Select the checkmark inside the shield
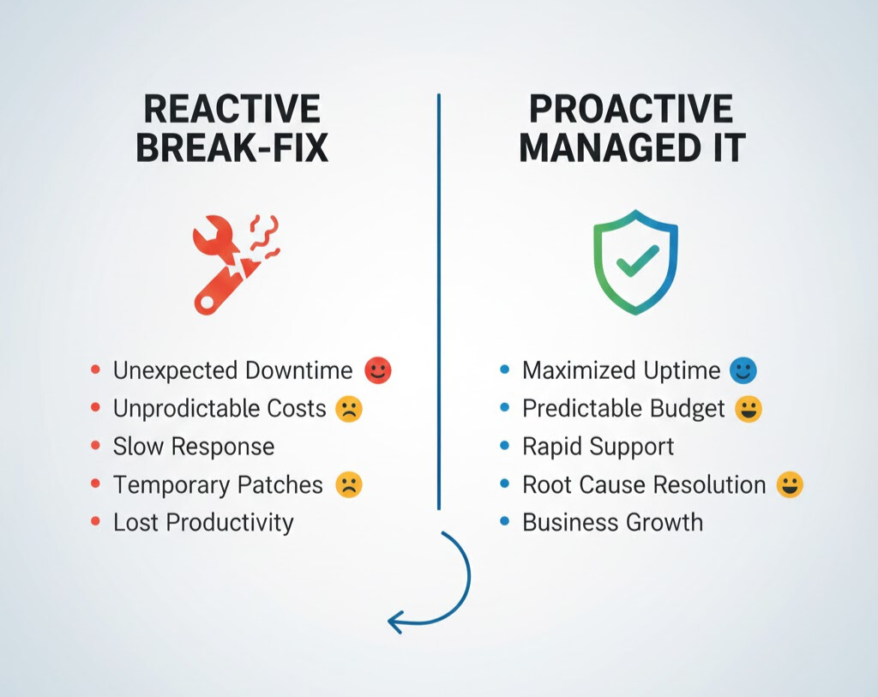[x=637, y=259]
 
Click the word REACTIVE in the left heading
[x=232, y=110]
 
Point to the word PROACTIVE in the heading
[x=631, y=110]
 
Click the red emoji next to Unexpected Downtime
[x=377, y=370]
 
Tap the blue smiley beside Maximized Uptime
[x=743, y=370]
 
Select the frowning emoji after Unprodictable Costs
[x=349, y=409]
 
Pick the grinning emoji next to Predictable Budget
[x=749, y=409]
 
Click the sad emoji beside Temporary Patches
[x=349, y=485]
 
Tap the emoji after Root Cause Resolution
[x=789, y=485]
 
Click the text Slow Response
[x=194, y=447]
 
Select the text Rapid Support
[x=598, y=447]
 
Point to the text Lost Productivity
[x=203, y=523]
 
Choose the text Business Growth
[x=612, y=523]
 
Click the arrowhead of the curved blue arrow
[x=394, y=621]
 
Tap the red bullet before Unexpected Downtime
[x=95, y=370]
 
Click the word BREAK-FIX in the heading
[x=232, y=148]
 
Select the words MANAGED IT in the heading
[x=632, y=148]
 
